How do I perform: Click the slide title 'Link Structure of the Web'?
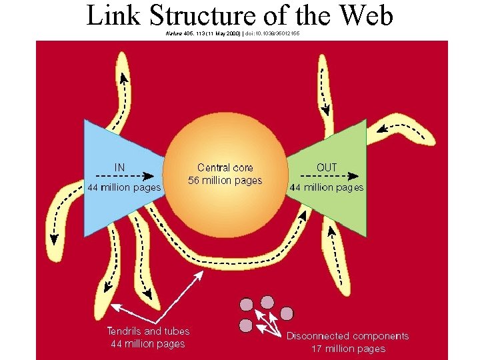[240, 16]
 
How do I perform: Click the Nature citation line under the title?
[233, 33]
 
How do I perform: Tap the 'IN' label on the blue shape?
[120, 167]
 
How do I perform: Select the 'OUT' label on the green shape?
[327, 167]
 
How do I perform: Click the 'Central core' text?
[225, 168]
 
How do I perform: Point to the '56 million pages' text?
[225, 181]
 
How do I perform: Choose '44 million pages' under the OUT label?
[327, 188]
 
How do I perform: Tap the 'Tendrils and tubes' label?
[148, 331]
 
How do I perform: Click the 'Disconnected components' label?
[347, 336]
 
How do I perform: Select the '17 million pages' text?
[348, 349]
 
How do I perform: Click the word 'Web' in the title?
[366, 16]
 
